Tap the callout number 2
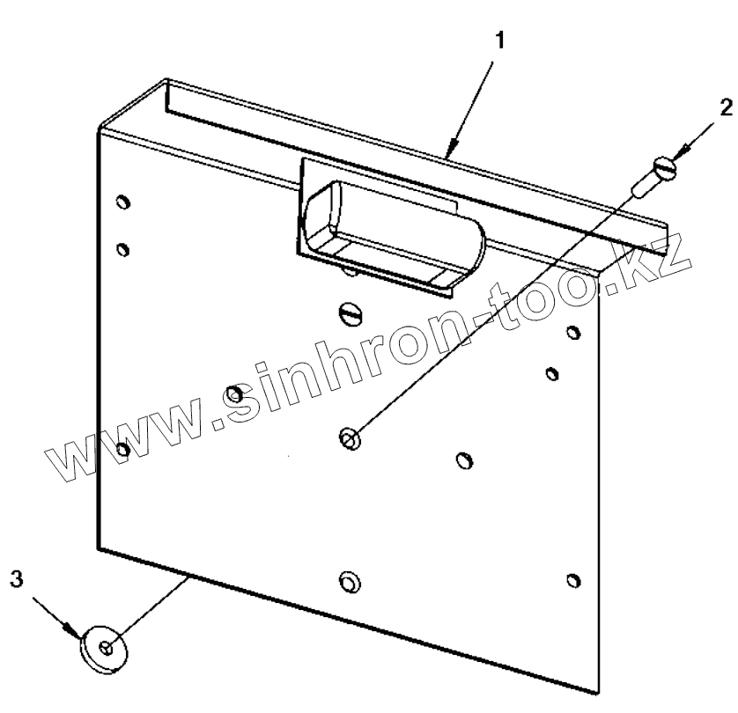coord(724,107)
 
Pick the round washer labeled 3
coord(103,650)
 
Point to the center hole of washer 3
coord(106,648)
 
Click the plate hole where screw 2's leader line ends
coord(350,437)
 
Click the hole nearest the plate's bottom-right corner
coord(573,580)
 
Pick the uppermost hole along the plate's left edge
coord(122,202)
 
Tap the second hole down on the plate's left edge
coord(122,248)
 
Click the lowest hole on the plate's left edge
coord(123,450)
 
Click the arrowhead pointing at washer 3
coord(74,630)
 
